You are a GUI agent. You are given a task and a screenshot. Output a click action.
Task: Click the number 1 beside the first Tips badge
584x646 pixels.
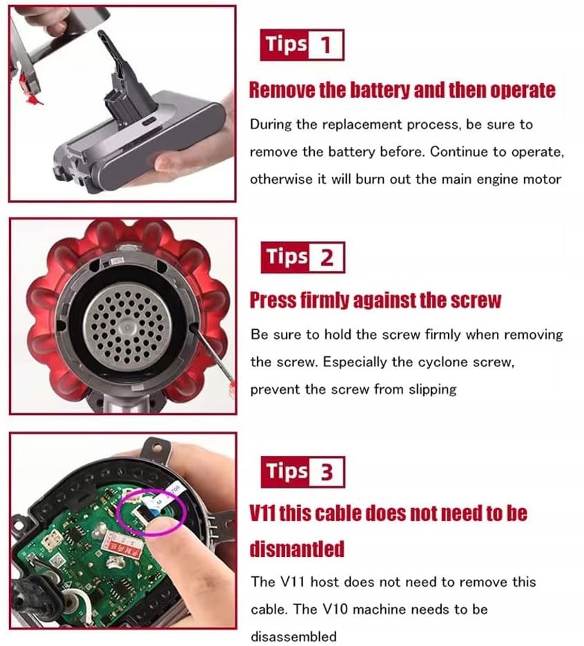pos(326,45)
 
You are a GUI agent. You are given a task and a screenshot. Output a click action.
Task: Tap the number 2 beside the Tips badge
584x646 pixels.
pos(327,258)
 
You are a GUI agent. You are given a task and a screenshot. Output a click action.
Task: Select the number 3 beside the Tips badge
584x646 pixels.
pos(327,472)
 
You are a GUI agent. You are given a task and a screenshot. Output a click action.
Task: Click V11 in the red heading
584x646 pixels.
pos(263,513)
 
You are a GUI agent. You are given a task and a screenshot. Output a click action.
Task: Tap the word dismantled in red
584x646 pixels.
pos(297,549)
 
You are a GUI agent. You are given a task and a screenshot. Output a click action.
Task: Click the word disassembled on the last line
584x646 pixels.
pos(293,636)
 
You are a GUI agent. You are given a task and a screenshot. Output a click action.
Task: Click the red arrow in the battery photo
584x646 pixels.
pos(35,99)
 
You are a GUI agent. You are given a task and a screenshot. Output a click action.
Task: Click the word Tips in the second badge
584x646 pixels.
pos(287,257)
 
